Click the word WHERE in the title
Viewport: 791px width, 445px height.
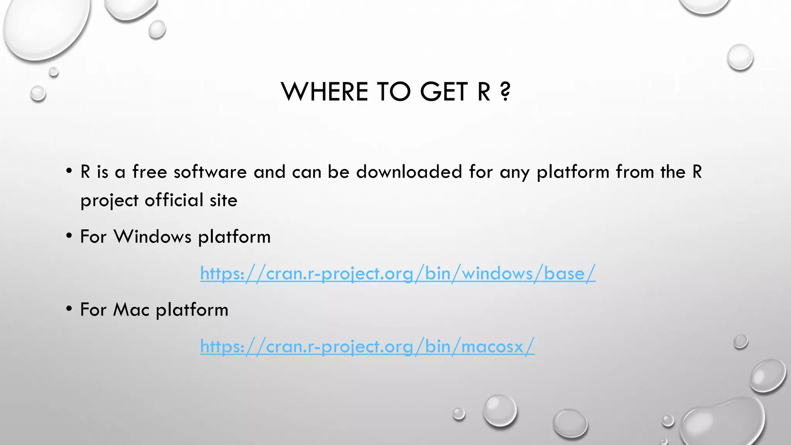click(x=324, y=92)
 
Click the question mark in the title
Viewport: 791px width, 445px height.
click(x=505, y=92)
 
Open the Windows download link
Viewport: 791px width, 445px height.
click(x=397, y=273)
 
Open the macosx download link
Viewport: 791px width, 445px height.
click(x=367, y=346)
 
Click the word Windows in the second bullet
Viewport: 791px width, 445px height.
click(x=153, y=236)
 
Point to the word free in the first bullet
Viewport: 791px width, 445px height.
click(x=149, y=172)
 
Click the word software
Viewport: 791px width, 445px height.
click(x=210, y=172)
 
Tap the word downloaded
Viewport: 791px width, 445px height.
click(x=409, y=172)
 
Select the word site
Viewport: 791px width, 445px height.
click(x=223, y=200)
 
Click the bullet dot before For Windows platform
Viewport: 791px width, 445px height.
click(x=69, y=236)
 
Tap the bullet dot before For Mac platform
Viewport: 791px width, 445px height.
click(x=69, y=309)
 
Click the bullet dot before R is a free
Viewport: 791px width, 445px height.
click(x=69, y=171)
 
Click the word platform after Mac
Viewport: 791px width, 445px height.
click(x=192, y=310)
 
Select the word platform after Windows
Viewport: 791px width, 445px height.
click(x=234, y=237)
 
